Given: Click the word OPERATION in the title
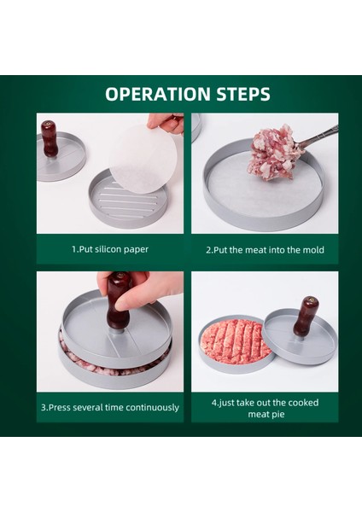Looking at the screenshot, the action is click(x=158, y=94).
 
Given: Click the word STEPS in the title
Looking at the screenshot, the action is click(x=243, y=94).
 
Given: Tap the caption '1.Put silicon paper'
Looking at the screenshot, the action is click(x=110, y=249).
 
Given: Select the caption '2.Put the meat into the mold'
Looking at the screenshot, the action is click(x=265, y=250).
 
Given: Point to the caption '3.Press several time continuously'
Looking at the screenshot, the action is click(x=110, y=408).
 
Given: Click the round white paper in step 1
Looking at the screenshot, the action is click(x=143, y=158).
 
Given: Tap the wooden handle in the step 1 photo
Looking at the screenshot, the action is click(x=50, y=138).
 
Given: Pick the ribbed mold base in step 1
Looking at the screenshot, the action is click(x=128, y=201).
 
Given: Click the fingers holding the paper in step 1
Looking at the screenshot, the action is click(x=166, y=123).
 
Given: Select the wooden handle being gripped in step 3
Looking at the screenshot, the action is click(x=117, y=301).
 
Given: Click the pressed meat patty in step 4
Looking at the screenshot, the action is click(x=236, y=340).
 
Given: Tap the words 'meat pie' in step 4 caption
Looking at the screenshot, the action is click(x=266, y=414).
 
